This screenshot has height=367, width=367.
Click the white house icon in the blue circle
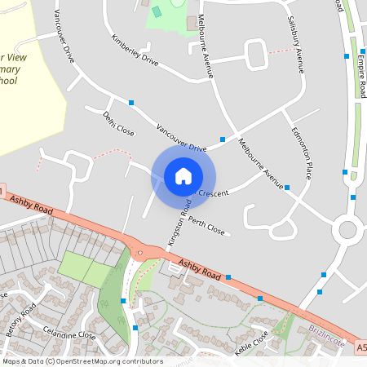point(183,175)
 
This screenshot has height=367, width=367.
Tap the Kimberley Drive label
point(135,51)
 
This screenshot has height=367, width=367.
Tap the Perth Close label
point(206,225)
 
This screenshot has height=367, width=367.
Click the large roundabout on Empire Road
point(350,230)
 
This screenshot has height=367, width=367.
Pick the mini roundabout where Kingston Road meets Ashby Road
point(140,252)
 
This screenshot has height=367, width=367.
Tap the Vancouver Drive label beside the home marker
point(181,139)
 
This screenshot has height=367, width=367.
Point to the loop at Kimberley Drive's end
point(256,55)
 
